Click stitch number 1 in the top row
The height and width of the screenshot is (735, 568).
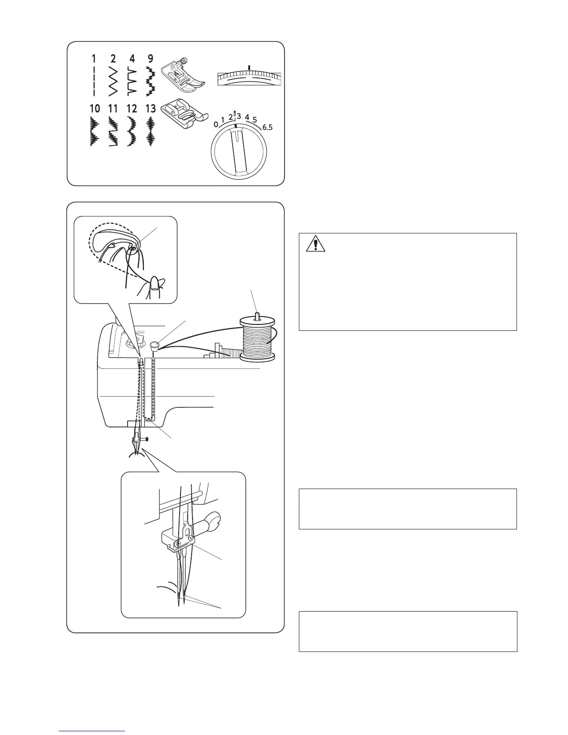(x=94, y=58)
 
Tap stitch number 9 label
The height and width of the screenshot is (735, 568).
(x=150, y=58)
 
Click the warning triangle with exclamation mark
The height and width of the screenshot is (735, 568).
(x=316, y=244)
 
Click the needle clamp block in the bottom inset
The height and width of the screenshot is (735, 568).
(x=179, y=541)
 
